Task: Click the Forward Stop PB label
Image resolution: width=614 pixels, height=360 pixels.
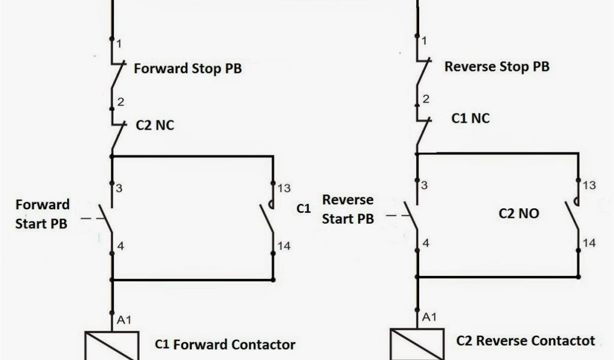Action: [187, 68]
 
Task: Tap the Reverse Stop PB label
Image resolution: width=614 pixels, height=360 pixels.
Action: [496, 66]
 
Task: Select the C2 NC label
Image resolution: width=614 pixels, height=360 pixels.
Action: [155, 126]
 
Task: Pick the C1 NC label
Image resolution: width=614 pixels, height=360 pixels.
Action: [470, 118]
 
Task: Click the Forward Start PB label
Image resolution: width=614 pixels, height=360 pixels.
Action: [43, 214]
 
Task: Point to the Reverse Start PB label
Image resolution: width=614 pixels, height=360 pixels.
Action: [348, 209]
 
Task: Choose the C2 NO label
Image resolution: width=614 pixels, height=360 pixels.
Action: [519, 213]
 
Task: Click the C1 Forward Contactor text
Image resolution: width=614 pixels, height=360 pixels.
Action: [225, 344]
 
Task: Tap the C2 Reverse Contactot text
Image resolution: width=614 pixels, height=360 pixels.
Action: [525, 341]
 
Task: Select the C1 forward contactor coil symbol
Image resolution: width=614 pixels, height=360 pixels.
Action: [112, 346]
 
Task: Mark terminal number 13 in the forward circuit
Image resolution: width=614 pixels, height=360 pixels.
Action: [284, 188]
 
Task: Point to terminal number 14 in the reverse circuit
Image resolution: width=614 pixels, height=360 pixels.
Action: [589, 243]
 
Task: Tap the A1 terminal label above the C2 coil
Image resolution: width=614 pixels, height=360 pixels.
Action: [430, 317]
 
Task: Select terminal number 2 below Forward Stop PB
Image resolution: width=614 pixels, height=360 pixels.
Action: [121, 102]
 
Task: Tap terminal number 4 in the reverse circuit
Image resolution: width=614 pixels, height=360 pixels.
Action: [426, 243]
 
